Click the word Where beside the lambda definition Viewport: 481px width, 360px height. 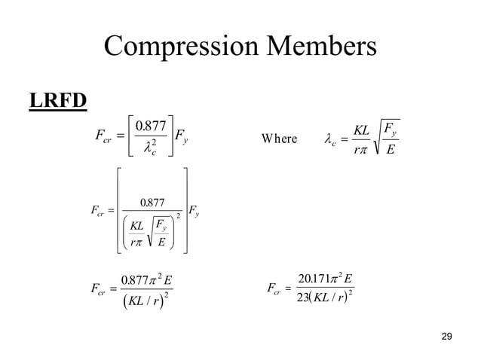pos(278,139)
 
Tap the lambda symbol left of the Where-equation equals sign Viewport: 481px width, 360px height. pos(329,139)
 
